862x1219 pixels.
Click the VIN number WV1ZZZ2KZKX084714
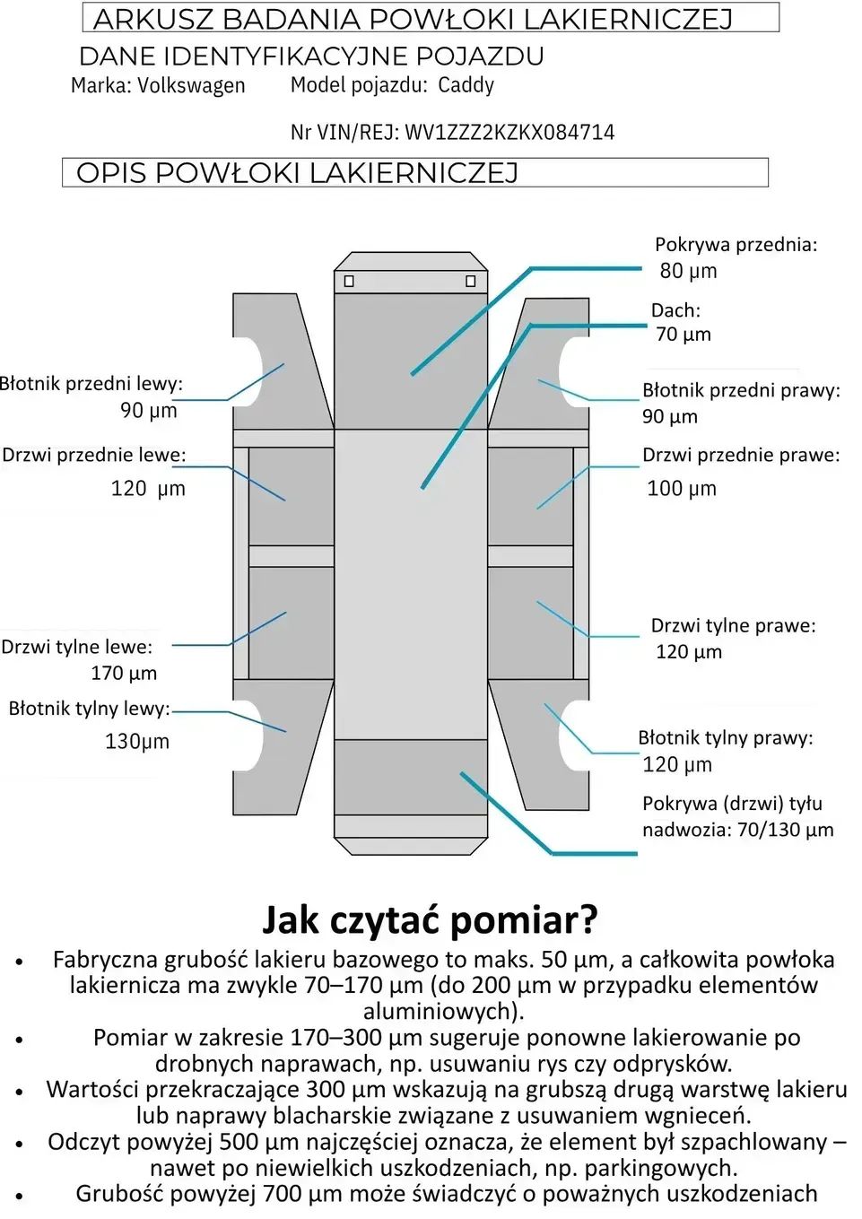point(509,133)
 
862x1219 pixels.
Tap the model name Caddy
point(466,85)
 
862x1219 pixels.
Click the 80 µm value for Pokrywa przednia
point(688,271)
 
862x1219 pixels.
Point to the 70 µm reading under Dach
point(683,335)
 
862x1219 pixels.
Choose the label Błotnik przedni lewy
point(91,384)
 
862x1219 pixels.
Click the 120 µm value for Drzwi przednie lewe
point(148,489)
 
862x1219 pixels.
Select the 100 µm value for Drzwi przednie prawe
point(681,489)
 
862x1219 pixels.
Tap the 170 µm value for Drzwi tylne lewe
point(124,674)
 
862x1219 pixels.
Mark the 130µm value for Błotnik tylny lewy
point(136,742)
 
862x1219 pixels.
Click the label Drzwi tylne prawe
point(733,626)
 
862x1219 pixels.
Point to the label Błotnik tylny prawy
point(725,738)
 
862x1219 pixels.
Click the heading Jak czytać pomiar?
point(430,919)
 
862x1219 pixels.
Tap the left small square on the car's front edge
point(349,281)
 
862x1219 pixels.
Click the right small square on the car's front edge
point(470,281)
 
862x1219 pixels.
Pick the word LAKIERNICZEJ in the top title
point(628,19)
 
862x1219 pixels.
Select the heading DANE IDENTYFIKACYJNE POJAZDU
point(311,57)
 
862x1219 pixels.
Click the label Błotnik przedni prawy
point(741,390)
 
